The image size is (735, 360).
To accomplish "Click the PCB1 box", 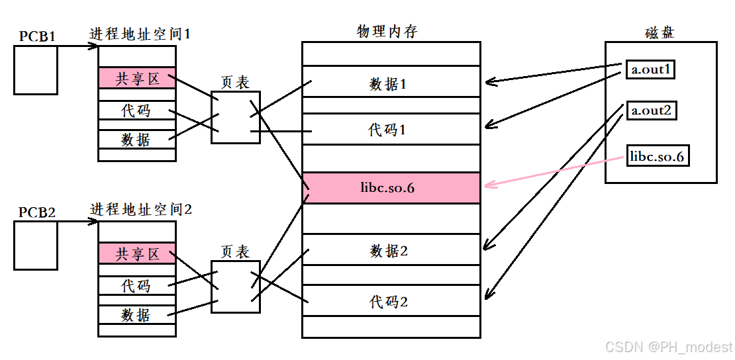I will pos(36,70).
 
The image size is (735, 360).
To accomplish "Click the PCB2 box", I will pos(36,246).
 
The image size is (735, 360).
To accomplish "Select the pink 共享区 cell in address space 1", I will pos(137,78).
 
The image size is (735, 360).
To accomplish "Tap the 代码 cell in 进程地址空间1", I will pos(137,110).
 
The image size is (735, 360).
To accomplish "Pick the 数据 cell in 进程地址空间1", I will pos(137,139).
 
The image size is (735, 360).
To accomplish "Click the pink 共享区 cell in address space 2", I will pos(137,253).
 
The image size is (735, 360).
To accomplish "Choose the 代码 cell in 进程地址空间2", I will pos(137,285).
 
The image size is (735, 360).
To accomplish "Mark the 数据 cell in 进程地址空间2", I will pos(137,314).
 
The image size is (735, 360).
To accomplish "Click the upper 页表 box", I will pos(235,117).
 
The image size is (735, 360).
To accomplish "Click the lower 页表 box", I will pos(235,287).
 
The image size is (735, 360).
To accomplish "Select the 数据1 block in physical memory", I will pos(391,83).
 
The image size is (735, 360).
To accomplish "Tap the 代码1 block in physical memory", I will pos(391,129).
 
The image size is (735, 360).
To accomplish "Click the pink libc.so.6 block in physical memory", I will pos(391,188).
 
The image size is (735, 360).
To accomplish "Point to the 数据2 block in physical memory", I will pos(391,251).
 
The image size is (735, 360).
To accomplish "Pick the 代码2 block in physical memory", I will pos(391,302).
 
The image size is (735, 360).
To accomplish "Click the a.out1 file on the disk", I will pos(650,69).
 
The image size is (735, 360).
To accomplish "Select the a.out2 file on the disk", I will pos(650,110).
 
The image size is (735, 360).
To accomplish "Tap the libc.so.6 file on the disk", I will pos(658,157).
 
